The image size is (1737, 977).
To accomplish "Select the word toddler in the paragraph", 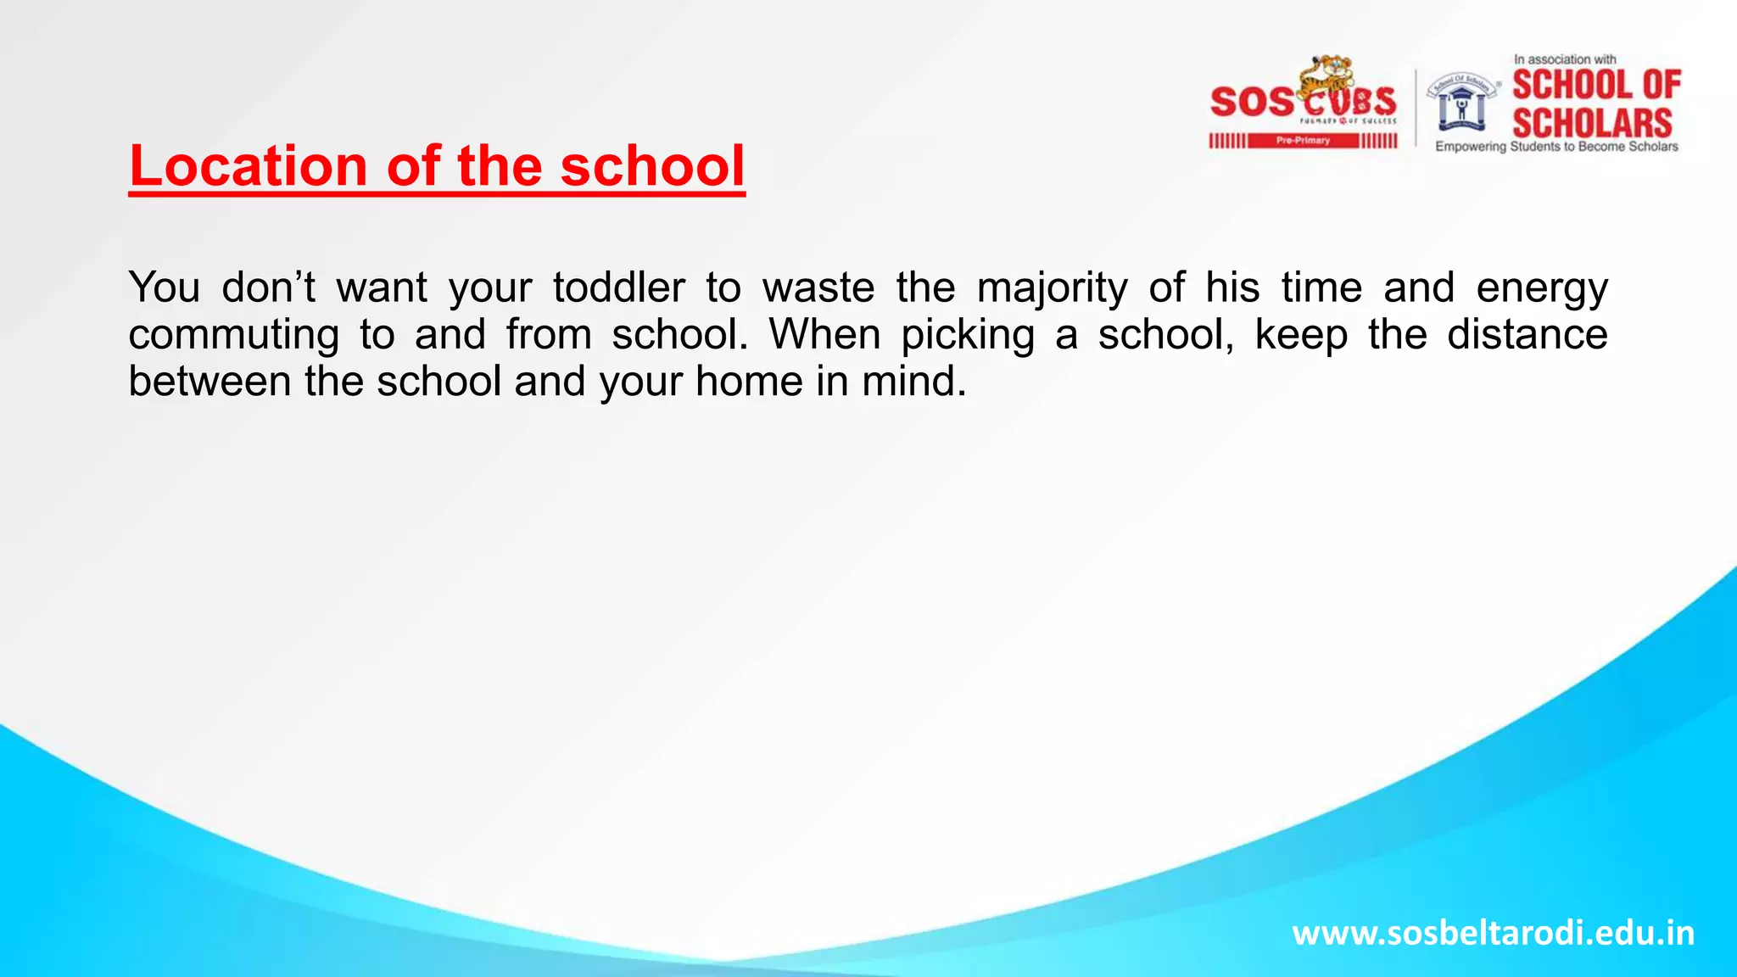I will click(619, 288).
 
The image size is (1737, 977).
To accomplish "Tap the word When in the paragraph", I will click(824, 334).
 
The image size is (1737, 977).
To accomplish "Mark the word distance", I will click(1527, 334).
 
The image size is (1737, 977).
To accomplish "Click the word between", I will click(209, 381).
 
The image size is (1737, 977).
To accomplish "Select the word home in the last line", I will click(749, 381).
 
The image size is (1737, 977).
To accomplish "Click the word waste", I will click(818, 288).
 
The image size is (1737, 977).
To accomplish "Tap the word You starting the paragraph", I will click(165, 288).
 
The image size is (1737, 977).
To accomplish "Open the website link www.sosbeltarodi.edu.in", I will click(1493, 933).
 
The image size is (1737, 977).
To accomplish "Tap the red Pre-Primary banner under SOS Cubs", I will click(1303, 141).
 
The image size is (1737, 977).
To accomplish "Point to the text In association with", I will click(1565, 59).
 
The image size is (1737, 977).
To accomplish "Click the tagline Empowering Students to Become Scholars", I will click(1556, 147).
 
